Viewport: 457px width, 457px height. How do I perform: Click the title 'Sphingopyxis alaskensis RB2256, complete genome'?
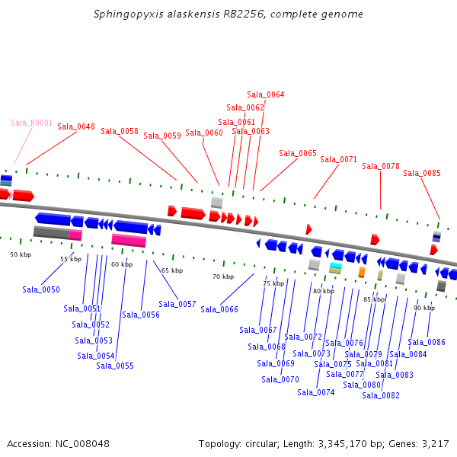[x=228, y=14]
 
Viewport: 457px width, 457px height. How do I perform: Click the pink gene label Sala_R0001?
[x=32, y=123]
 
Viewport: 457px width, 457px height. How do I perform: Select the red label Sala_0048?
[x=76, y=126]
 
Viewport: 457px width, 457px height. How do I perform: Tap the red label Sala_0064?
[x=266, y=94]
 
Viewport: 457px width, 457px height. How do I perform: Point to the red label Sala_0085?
[x=422, y=173]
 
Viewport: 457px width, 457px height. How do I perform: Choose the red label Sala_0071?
[x=339, y=159]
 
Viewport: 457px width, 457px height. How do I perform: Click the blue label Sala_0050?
[x=41, y=289]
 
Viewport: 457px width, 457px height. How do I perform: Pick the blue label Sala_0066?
[x=219, y=309]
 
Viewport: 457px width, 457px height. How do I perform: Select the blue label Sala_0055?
[x=115, y=366]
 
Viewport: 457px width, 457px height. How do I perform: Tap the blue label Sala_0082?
[x=381, y=395]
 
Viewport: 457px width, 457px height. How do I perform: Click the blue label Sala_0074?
[x=316, y=392]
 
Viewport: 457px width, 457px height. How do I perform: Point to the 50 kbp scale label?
[x=21, y=254]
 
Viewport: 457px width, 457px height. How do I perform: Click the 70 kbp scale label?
[x=223, y=276]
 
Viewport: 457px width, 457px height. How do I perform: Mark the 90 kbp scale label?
[x=424, y=308]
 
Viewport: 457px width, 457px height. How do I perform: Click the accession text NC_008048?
[x=59, y=443]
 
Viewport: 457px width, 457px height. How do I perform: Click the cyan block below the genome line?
[x=335, y=265]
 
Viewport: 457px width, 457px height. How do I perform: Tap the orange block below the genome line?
[x=362, y=272]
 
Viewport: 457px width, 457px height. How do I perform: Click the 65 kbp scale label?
[x=172, y=270]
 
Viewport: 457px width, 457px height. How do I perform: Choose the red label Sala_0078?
[x=381, y=166]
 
